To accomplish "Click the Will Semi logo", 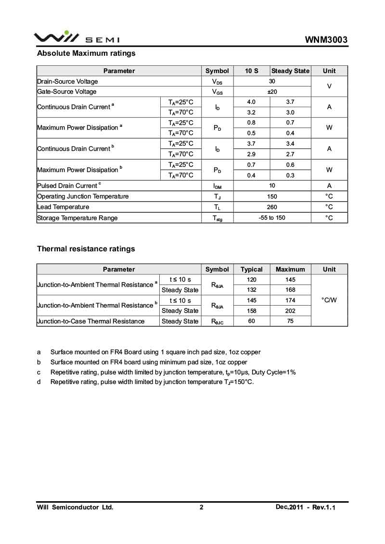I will click(x=77, y=37).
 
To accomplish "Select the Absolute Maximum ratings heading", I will click(x=86, y=53).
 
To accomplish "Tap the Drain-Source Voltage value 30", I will click(x=272, y=81).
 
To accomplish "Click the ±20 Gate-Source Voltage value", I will click(x=272, y=92).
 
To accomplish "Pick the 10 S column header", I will click(x=252, y=71).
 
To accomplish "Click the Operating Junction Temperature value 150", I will click(x=272, y=196).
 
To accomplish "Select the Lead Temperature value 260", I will click(x=272, y=207).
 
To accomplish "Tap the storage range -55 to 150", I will click(x=272, y=218).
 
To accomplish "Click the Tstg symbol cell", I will click(x=217, y=218).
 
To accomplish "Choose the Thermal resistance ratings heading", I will click(x=86, y=249).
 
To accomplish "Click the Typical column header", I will click(x=252, y=269).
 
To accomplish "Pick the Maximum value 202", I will click(x=290, y=310).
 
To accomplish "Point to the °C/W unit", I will click(x=329, y=300).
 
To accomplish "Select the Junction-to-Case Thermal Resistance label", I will click(x=91, y=321).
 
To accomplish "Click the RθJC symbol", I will click(x=217, y=321).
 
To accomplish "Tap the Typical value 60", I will click(x=252, y=321).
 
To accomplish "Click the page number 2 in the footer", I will click(x=202, y=507).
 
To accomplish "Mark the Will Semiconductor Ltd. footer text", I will click(x=75, y=507).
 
